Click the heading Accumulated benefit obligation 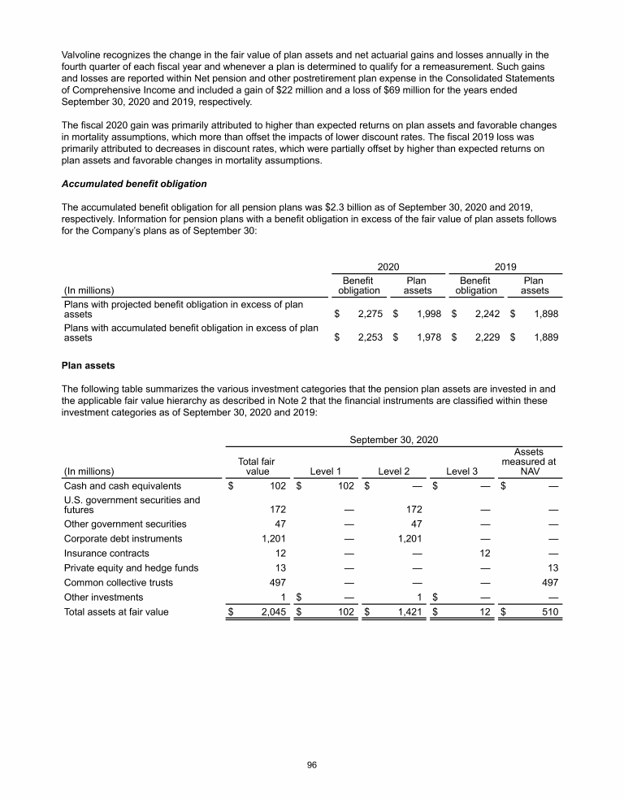click(x=134, y=184)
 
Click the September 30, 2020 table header click(x=394, y=440)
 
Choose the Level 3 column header click(x=463, y=470)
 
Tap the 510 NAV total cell click(x=548, y=612)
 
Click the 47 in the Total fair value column click(x=276, y=524)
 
